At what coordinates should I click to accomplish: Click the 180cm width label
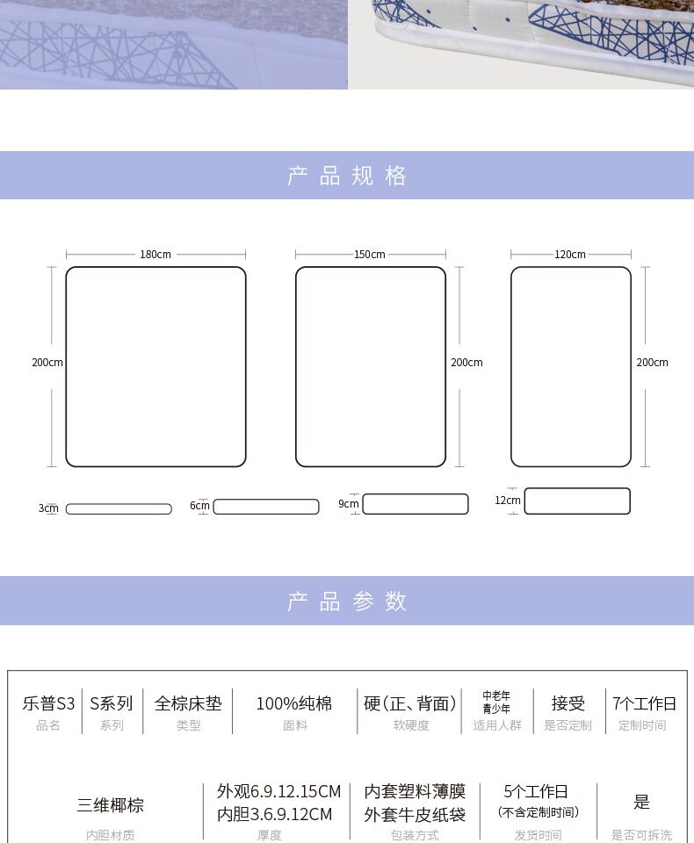point(155,255)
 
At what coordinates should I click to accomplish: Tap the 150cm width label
point(370,255)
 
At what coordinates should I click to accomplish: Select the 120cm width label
point(570,255)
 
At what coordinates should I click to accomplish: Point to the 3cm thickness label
point(47,508)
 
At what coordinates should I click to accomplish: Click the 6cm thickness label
point(199,506)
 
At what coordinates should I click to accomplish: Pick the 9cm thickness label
point(349,504)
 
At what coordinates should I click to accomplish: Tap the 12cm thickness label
point(507,501)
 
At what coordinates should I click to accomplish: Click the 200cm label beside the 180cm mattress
point(47,363)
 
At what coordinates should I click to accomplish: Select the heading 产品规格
point(347,176)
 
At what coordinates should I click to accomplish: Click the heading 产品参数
point(347,602)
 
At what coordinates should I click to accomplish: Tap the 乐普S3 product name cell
point(48,703)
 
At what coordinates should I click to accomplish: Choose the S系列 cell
point(112,703)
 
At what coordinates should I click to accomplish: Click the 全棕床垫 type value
point(188,703)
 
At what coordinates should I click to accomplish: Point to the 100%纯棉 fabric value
point(294,703)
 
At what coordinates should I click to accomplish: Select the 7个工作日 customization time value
point(644,703)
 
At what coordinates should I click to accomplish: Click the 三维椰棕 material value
point(111,804)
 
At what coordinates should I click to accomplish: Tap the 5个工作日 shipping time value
point(536,791)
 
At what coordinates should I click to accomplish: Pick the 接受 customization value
point(567,703)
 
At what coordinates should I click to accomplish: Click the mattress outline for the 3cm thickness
point(119,509)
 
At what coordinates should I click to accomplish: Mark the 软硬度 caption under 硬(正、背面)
point(411,725)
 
